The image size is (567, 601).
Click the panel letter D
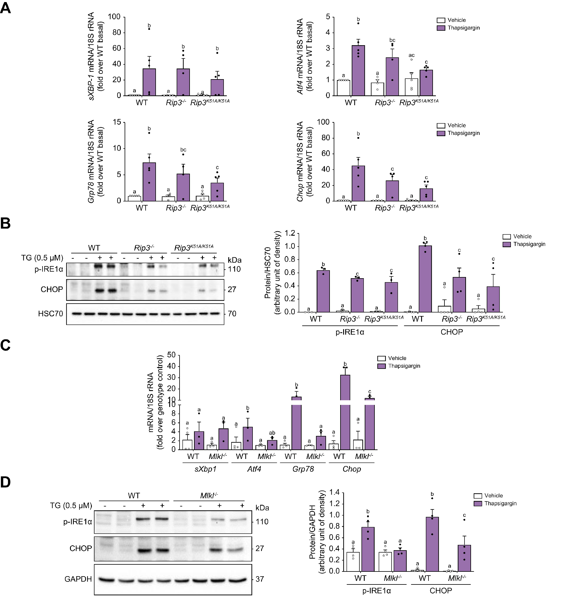point(6,483)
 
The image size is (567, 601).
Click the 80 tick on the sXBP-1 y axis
point(117,32)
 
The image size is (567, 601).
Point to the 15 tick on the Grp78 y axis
point(117,122)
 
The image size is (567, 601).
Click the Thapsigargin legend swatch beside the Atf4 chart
point(441,28)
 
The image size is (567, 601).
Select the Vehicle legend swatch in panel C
point(382,358)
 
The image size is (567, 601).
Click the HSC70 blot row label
point(50,314)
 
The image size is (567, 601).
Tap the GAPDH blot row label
point(78,579)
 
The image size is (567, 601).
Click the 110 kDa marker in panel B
point(234,269)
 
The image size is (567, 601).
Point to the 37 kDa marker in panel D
point(260,579)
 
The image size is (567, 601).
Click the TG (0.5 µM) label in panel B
point(42,258)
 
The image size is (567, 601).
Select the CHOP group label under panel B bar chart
point(452,332)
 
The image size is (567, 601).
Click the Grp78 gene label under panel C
point(303,469)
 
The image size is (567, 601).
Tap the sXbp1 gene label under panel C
point(206,469)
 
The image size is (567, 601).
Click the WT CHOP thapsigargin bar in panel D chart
point(432,544)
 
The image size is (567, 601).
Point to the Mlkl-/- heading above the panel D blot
point(209,496)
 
